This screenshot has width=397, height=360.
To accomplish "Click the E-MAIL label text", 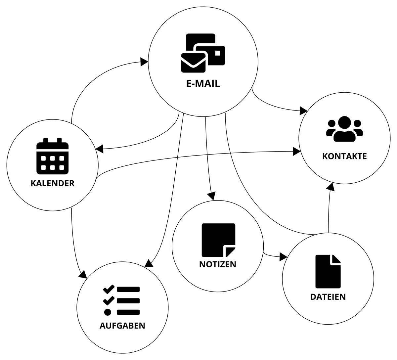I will [x=203, y=83].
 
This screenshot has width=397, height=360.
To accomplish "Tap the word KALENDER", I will [x=53, y=183].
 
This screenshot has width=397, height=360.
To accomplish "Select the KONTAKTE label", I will [x=344, y=156].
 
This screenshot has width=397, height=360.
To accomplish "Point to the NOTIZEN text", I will [x=218, y=264].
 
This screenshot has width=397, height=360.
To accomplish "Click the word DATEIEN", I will [x=328, y=297].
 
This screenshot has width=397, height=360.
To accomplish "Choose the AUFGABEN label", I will [x=122, y=326].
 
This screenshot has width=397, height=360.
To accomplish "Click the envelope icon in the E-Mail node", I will [x=193, y=63].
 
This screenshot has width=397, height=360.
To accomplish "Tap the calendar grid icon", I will [x=52, y=156].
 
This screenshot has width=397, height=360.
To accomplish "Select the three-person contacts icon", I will [x=344, y=129].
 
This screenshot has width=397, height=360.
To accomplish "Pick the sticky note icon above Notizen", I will [x=218, y=240].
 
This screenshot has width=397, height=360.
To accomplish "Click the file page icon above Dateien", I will [x=328, y=271].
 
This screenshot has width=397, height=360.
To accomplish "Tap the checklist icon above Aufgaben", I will [x=121, y=300].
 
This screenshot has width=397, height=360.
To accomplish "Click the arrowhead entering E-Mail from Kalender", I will [x=144, y=62].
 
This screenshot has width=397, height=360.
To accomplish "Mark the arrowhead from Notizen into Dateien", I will [x=283, y=256].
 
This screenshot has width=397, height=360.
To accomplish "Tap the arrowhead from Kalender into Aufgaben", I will [x=83, y=274].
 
